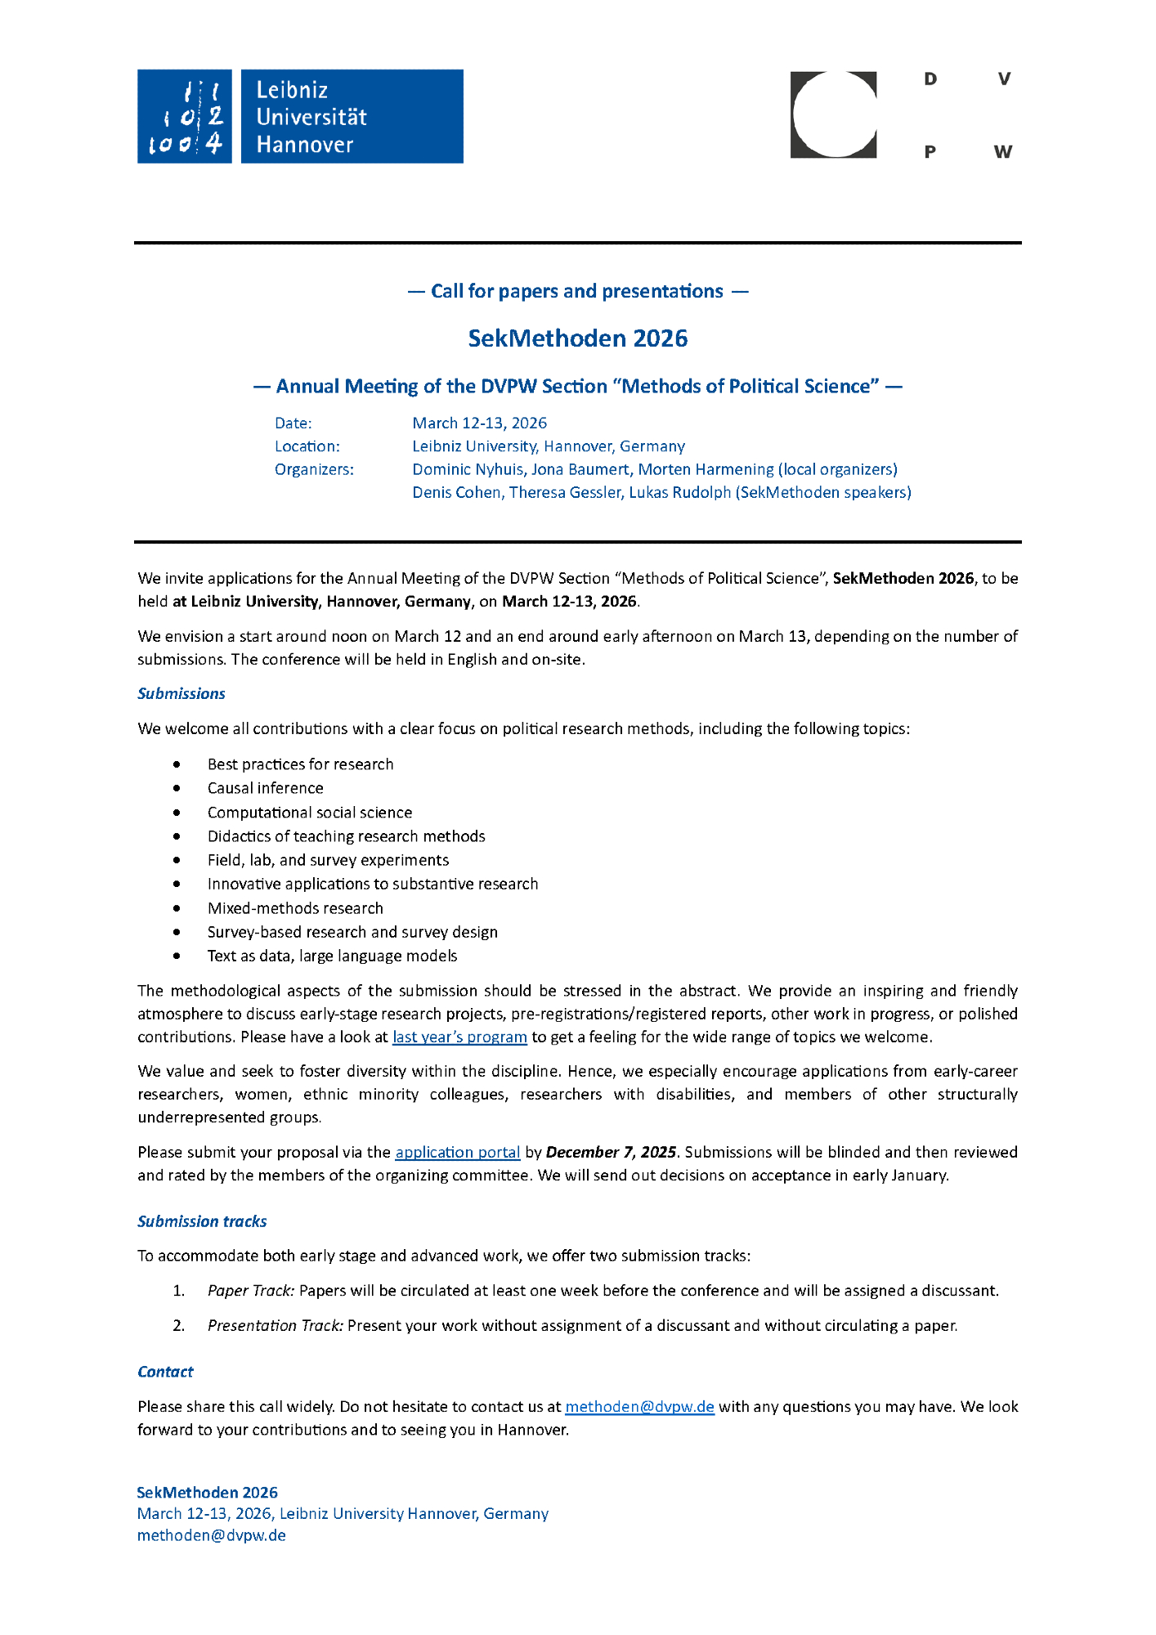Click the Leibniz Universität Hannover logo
point(300,116)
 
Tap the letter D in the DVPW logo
point(930,79)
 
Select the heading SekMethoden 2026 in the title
point(577,338)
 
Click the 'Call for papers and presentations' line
point(577,291)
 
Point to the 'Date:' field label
point(293,423)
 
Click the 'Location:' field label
point(307,446)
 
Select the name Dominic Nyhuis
point(468,469)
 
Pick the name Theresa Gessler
point(565,492)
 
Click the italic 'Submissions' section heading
point(181,694)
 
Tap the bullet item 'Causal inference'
point(266,788)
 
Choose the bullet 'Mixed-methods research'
point(295,908)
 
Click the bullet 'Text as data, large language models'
point(332,956)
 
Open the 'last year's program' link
point(459,1037)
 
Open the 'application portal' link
point(458,1153)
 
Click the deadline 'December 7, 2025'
point(611,1153)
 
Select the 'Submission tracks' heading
point(202,1221)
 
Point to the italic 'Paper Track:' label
point(251,1291)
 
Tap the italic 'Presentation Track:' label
point(276,1326)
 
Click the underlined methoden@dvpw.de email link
point(639,1407)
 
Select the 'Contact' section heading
point(165,1372)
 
